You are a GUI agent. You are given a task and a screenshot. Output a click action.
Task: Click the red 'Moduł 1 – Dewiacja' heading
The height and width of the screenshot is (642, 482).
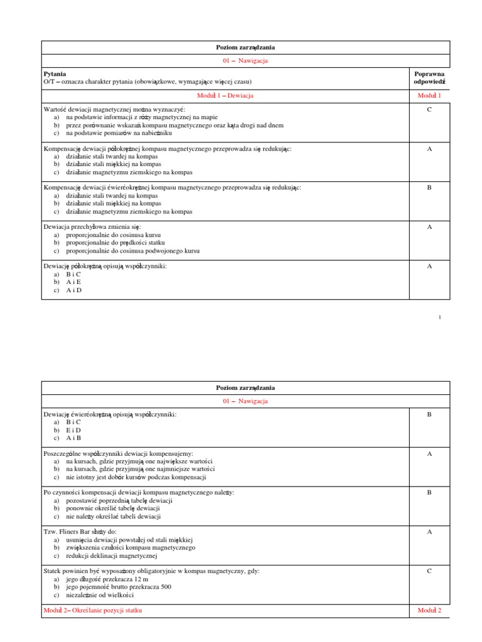225,95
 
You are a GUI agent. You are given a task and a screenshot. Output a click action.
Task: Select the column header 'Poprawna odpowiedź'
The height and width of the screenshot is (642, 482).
429,77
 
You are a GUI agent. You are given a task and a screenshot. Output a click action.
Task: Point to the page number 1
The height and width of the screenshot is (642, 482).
440,317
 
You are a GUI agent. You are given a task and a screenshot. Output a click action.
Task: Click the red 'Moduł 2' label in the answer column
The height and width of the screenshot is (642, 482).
429,610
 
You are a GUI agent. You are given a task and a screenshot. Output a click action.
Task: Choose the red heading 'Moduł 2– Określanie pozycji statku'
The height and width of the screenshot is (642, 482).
97,610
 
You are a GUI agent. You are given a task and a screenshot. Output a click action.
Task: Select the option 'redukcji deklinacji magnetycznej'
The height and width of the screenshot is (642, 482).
110,555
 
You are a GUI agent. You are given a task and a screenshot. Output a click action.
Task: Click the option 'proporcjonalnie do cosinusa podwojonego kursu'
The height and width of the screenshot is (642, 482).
132,251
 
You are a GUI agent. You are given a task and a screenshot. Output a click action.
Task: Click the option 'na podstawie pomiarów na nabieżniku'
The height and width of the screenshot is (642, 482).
119,133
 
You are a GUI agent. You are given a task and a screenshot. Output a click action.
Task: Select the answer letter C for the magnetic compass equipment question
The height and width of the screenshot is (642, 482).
429,572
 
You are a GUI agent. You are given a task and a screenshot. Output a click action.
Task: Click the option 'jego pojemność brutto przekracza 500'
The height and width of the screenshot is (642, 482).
118,587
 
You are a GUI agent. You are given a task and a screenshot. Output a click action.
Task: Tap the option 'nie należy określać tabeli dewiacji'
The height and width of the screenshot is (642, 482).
113,517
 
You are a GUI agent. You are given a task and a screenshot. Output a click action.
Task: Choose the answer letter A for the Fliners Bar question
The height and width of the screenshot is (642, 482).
429,532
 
